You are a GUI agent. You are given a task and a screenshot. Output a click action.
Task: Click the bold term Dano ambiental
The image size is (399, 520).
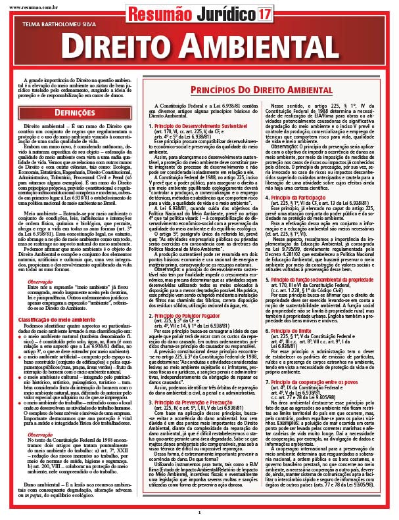click(41, 485)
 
